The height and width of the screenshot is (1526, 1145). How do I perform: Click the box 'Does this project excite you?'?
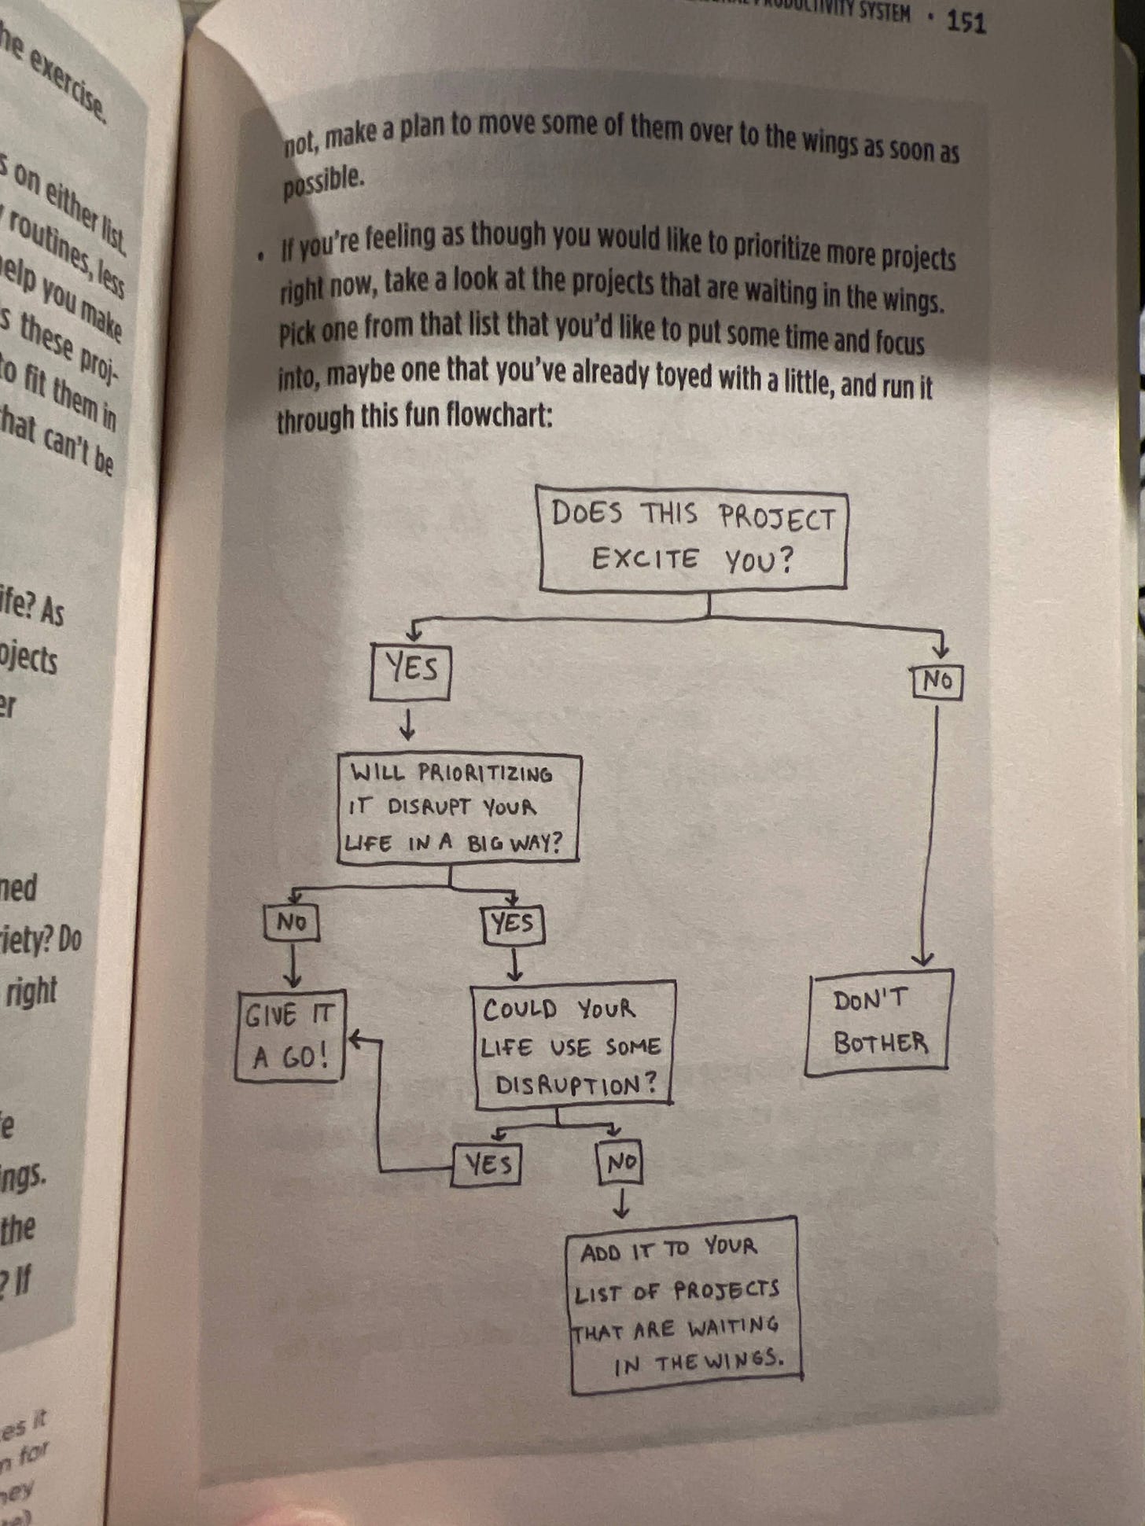[x=692, y=539]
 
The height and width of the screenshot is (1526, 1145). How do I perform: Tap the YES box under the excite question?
[x=410, y=671]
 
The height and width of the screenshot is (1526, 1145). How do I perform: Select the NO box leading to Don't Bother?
[x=937, y=682]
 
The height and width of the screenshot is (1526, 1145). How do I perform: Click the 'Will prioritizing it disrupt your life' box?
[x=458, y=809]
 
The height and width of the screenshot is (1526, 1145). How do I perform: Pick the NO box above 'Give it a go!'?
[x=292, y=922]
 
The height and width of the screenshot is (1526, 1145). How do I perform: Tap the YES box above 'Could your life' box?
[x=513, y=924]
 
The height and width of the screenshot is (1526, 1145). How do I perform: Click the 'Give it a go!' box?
[x=290, y=1035]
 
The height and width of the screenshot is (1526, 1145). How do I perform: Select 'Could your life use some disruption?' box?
[x=574, y=1046]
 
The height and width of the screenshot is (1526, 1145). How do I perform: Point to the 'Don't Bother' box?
[x=879, y=1022]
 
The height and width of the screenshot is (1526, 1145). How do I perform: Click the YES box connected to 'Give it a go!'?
[x=488, y=1164]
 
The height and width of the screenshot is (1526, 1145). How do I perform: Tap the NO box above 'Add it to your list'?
[x=620, y=1162]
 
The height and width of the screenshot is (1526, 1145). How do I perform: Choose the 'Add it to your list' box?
[x=683, y=1306]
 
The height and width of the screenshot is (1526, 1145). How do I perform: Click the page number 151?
[x=965, y=22]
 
